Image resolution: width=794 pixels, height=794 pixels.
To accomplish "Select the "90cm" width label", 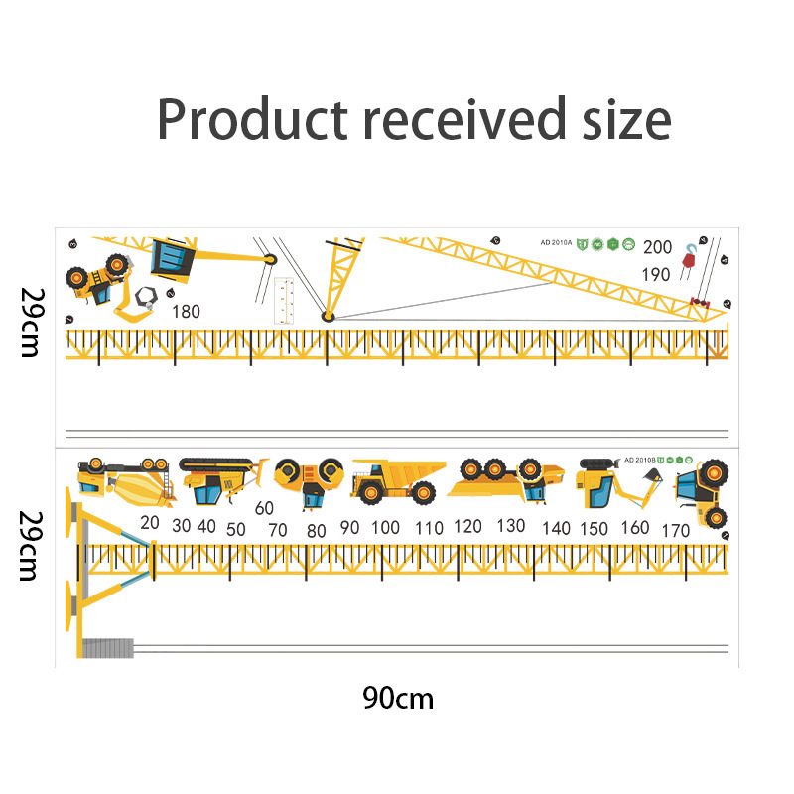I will click(x=398, y=698).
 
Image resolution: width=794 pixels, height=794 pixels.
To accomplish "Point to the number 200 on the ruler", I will click(x=657, y=247).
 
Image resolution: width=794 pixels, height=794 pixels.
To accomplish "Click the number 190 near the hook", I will click(x=656, y=275).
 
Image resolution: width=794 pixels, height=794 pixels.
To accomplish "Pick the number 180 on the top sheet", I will click(x=186, y=311).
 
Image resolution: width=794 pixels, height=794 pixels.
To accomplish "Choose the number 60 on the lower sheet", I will click(x=264, y=508).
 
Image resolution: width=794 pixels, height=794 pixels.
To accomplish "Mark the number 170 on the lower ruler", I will click(x=674, y=530).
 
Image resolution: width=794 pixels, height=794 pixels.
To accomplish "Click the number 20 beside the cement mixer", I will click(x=150, y=522).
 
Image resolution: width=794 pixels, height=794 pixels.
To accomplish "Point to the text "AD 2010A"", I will click(x=557, y=242).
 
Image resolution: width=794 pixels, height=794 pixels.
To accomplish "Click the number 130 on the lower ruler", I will click(x=511, y=525).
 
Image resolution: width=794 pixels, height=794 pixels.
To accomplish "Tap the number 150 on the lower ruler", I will click(x=595, y=529).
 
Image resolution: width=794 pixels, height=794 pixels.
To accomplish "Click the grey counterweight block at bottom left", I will click(x=107, y=648).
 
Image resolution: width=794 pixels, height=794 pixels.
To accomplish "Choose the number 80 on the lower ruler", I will click(x=316, y=530).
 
